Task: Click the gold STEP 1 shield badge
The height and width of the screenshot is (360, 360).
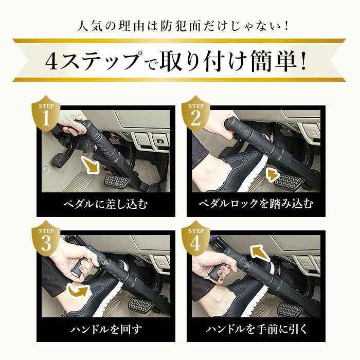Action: (x=46, y=115)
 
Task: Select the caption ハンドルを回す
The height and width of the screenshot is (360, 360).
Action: (x=105, y=328)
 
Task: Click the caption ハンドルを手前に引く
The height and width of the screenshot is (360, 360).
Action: (x=255, y=328)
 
